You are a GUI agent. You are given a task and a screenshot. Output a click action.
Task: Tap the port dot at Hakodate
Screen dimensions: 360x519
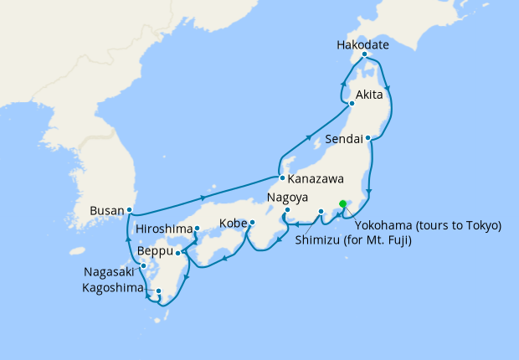(x=364, y=54)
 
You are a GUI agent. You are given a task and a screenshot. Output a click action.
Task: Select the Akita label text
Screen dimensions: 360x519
(x=371, y=94)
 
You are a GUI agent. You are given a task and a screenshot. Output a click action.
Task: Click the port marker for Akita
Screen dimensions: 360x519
(x=352, y=104)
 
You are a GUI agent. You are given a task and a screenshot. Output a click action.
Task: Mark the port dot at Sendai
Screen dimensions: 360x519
(x=368, y=137)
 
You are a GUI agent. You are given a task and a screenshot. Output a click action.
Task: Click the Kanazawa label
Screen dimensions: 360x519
(x=317, y=179)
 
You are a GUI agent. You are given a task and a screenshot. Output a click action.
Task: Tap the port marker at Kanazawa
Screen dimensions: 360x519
(x=282, y=177)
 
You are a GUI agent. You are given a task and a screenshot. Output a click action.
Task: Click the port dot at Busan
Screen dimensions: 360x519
(x=130, y=209)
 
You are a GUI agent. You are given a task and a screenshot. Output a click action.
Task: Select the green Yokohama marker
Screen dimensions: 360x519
(x=342, y=203)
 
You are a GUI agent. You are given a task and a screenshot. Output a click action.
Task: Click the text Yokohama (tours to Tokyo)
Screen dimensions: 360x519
(x=428, y=225)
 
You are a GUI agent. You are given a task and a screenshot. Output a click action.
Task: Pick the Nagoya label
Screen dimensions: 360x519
(x=289, y=198)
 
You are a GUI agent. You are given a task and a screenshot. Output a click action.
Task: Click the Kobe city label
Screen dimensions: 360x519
(x=233, y=224)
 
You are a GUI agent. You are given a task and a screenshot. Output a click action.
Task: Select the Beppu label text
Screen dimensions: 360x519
(x=155, y=250)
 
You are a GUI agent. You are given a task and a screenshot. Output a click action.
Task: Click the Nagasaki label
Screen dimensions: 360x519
(x=110, y=272)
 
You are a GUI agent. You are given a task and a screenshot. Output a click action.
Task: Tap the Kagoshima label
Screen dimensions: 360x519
(x=115, y=287)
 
